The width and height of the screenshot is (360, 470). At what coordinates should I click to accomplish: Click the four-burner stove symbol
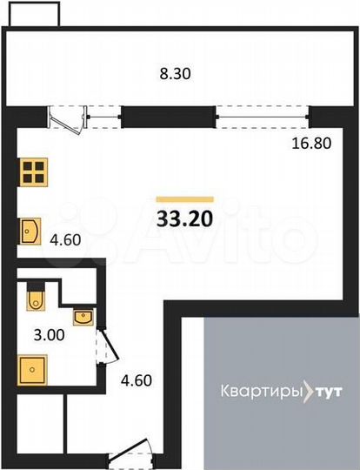[33, 171]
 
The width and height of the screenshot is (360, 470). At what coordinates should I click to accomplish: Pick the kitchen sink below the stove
[31, 232]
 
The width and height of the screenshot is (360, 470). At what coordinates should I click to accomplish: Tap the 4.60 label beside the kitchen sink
[66, 239]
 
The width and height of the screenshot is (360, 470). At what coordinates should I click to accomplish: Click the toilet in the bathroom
[36, 298]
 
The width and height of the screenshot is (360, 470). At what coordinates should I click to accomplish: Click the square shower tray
[32, 369]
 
